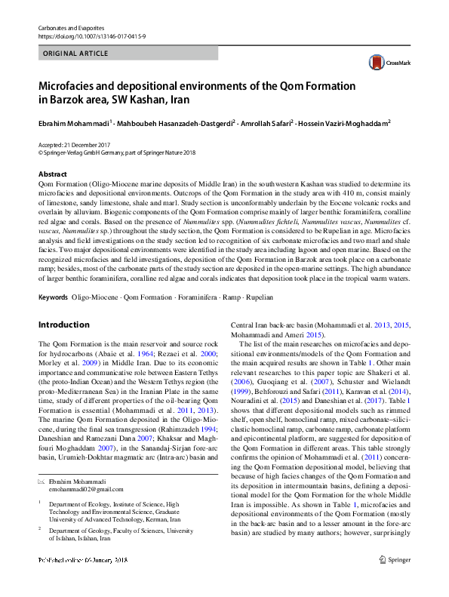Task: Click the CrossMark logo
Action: coord(383,62)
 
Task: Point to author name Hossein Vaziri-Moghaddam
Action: coord(350,122)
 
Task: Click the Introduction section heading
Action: coord(63,325)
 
